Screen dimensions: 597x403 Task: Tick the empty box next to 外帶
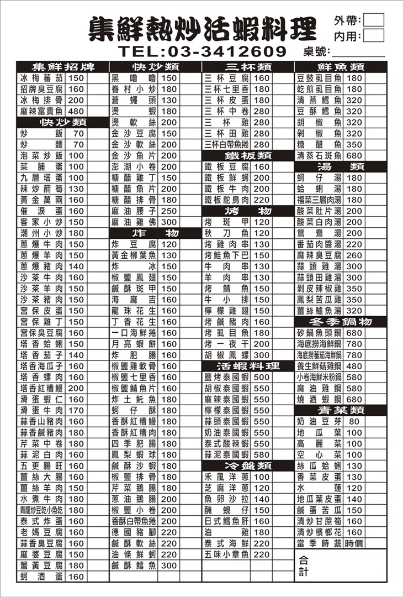tap(374, 20)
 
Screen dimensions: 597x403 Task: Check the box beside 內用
tap(374, 36)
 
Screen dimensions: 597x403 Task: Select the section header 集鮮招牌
tap(62, 67)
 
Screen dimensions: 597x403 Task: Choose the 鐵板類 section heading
tap(247, 155)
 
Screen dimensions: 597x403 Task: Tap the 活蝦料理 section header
tap(247, 366)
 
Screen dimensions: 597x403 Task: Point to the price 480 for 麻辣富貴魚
tap(76, 111)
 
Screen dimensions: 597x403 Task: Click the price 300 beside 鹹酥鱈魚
tap(169, 565)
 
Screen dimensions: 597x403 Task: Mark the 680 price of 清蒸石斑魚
tap(354, 156)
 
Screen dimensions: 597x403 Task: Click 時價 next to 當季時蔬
tap(354, 543)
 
